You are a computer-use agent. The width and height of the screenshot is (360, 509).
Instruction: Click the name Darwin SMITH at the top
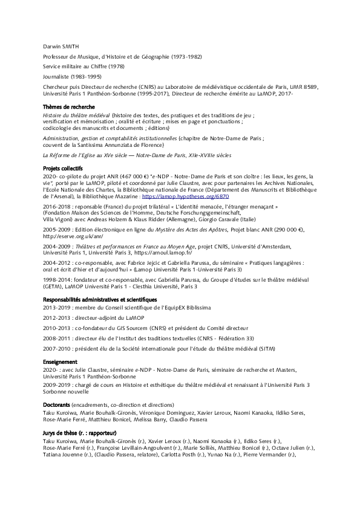pyautogui.click(x=61, y=46)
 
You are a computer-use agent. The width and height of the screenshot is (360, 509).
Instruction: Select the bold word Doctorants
pyautogui.click(x=56, y=404)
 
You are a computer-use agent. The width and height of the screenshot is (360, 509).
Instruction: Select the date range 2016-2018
pyautogui.click(x=56, y=207)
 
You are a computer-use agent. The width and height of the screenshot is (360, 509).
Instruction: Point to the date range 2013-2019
pyautogui.click(x=56, y=307)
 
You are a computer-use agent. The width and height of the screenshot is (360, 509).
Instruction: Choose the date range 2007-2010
pyautogui.click(x=56, y=349)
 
